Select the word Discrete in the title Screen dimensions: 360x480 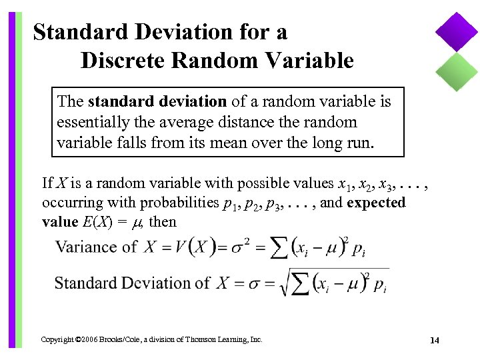tap(123, 61)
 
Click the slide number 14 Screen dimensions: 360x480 tap(434, 341)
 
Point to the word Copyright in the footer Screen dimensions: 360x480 tap(57, 340)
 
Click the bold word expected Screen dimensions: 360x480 tap(376, 203)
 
